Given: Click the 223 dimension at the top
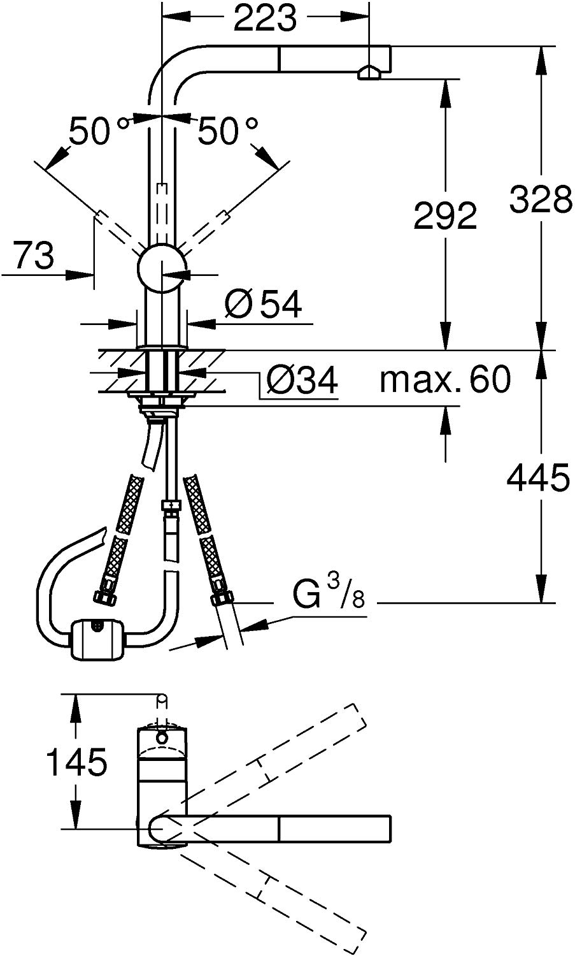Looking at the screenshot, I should point(265,19).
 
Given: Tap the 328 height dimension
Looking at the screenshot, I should point(540,200).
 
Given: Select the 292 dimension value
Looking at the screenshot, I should point(444,215).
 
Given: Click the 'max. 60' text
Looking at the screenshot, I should point(444,380).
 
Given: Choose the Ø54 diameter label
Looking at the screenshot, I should point(263,305).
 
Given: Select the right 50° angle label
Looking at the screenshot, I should point(227,132).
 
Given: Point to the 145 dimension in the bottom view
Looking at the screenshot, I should point(77,762).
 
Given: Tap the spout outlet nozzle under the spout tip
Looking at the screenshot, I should point(369,74).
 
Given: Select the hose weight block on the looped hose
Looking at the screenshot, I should point(97,638).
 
